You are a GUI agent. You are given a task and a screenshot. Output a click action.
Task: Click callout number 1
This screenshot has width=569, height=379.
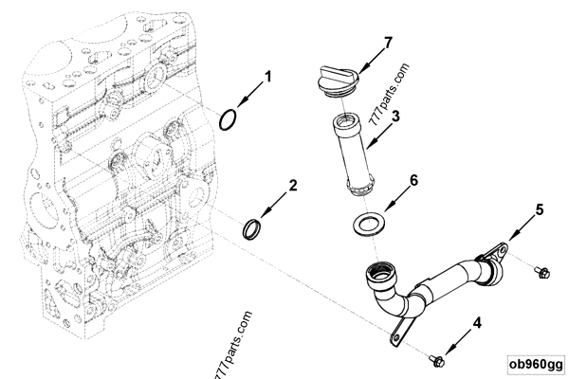coord(267,76)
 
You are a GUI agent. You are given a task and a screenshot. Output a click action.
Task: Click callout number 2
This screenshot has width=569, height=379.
coord(294,186)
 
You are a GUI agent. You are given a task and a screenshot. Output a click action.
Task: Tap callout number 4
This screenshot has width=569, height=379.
coord(478,323)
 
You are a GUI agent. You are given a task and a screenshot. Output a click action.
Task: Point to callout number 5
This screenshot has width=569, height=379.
coord(539,208)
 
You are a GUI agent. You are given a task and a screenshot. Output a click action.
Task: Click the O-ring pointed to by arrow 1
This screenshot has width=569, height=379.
coord(229,119)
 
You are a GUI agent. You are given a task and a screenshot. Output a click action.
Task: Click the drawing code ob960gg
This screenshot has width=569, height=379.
coord(536,363)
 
